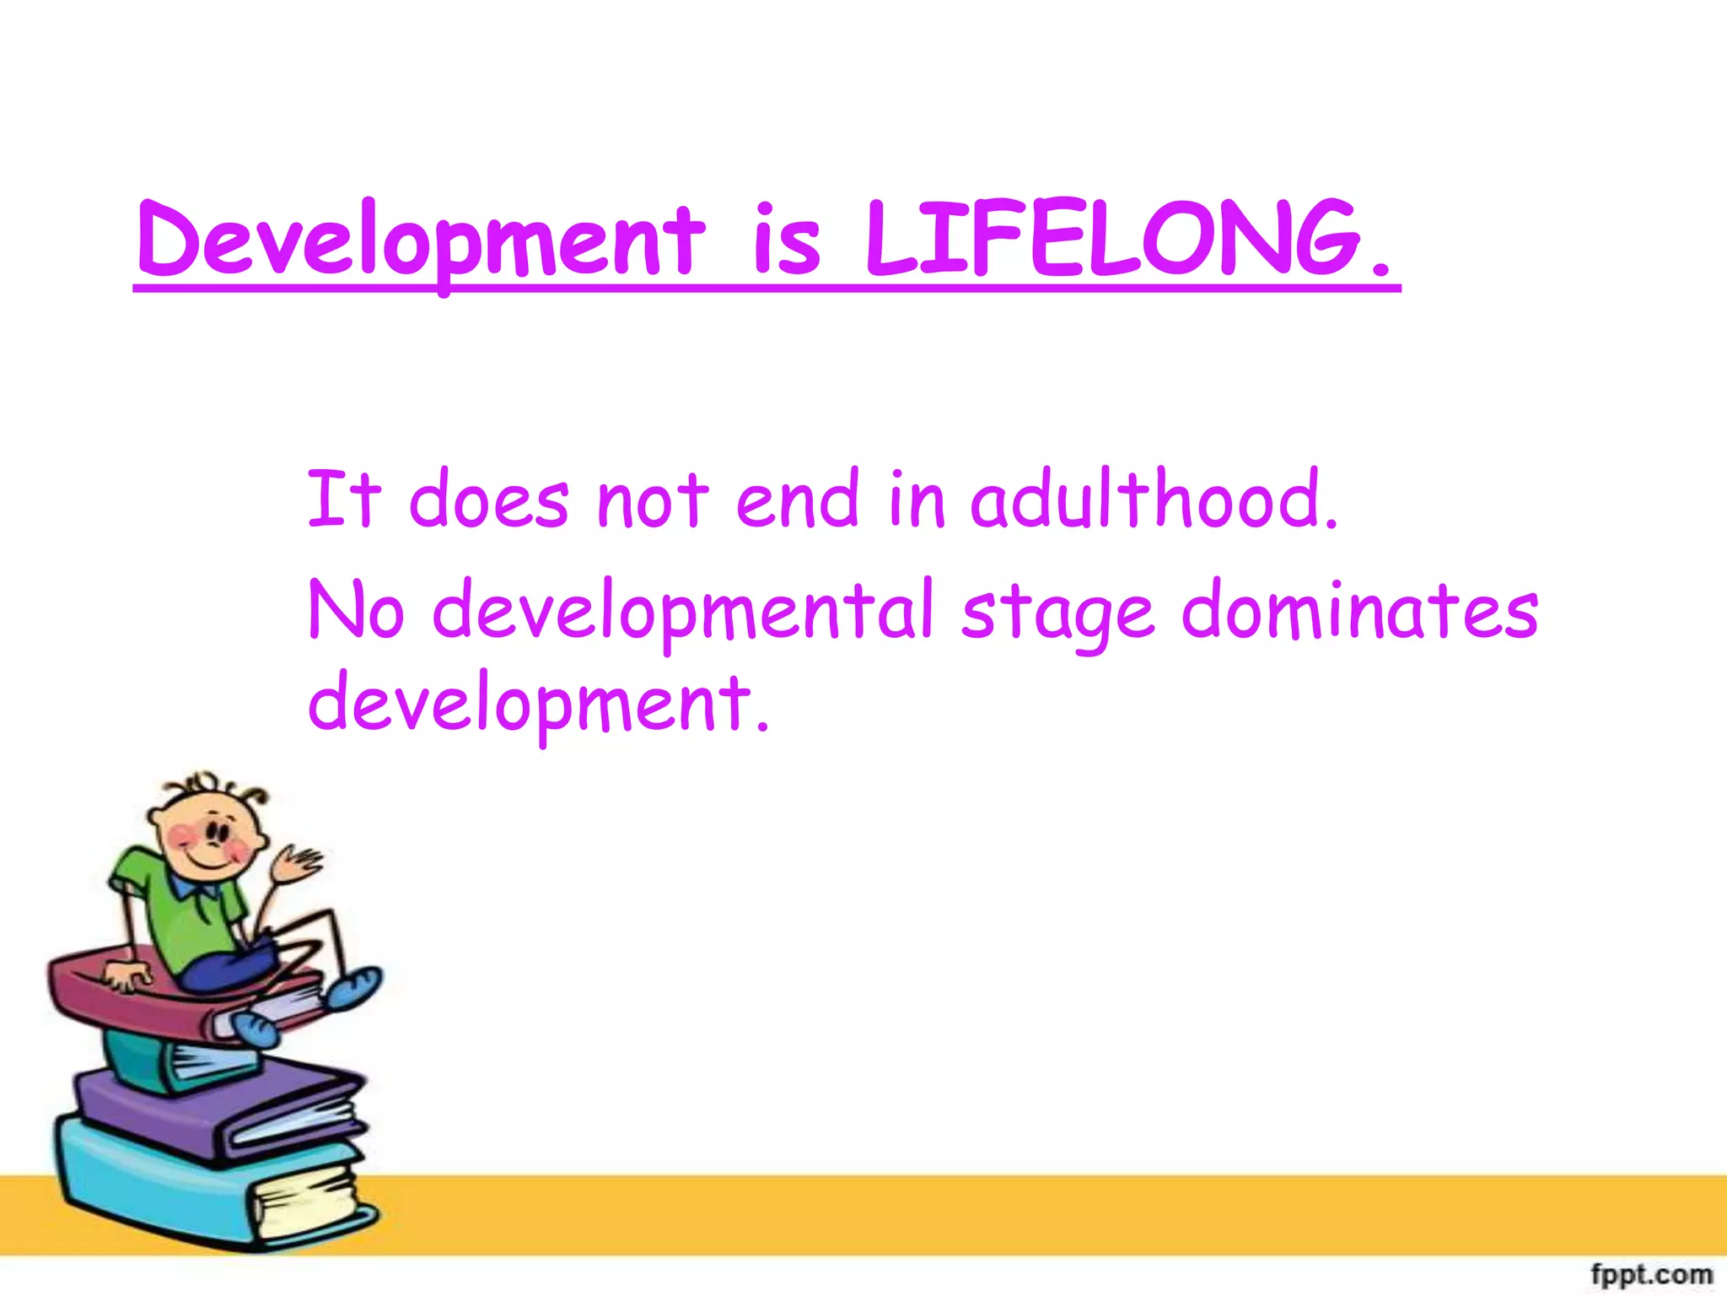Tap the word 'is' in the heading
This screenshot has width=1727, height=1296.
[786, 240]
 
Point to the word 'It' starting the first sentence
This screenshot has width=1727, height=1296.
[343, 499]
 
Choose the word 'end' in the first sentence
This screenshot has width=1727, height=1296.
[797, 499]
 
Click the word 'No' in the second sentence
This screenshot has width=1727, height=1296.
[356, 610]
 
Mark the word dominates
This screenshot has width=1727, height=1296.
[1359, 610]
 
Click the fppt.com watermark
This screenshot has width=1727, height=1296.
[1650, 1273]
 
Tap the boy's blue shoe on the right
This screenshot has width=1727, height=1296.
[354, 987]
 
